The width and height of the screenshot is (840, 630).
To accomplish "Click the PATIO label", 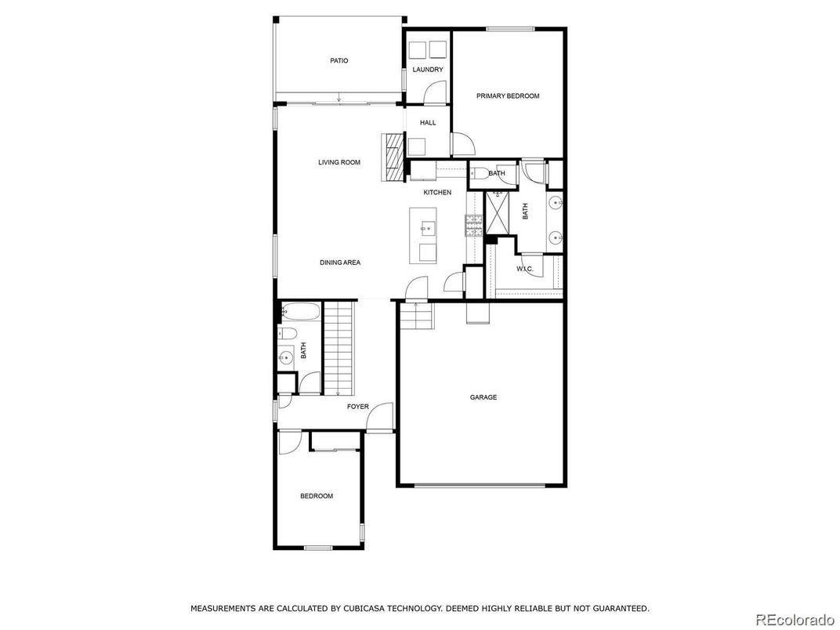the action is pyautogui.click(x=339, y=60).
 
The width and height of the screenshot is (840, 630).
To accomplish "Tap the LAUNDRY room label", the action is pyautogui.click(x=428, y=69).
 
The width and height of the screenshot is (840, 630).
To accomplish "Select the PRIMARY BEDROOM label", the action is pyautogui.click(x=508, y=96).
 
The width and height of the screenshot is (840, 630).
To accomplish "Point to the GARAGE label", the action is pyautogui.click(x=483, y=397).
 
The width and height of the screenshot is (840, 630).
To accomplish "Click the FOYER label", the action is pyautogui.click(x=358, y=407).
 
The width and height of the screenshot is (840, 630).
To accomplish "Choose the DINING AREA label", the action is pyautogui.click(x=340, y=262).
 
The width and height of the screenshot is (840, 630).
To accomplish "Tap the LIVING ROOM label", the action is pyautogui.click(x=339, y=162).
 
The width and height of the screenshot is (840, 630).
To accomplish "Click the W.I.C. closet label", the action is pyautogui.click(x=525, y=269).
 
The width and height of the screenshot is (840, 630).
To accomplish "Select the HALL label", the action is pyautogui.click(x=428, y=123).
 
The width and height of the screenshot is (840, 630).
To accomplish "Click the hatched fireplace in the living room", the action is pyautogui.click(x=394, y=157).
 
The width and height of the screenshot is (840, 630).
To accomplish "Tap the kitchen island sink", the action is pyautogui.click(x=428, y=229).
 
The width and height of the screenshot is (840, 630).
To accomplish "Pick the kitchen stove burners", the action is pyautogui.click(x=473, y=225).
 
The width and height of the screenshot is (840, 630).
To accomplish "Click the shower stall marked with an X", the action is pyautogui.click(x=498, y=212).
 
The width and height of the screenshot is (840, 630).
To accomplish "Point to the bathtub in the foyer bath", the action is pyautogui.click(x=301, y=312).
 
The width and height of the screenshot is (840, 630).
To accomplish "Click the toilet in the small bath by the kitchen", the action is pyautogui.click(x=479, y=173).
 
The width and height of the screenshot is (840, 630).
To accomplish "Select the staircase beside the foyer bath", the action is pyautogui.click(x=339, y=348).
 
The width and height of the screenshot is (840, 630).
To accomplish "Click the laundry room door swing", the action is pyautogui.click(x=434, y=92).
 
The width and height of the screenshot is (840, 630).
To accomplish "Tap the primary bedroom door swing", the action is pyautogui.click(x=463, y=144).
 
